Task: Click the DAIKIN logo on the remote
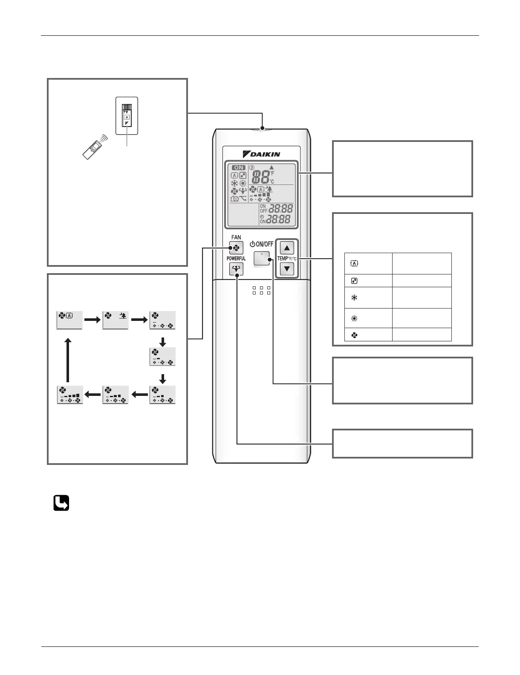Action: click(x=261, y=154)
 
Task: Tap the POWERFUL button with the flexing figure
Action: click(x=236, y=269)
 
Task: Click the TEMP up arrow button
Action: click(x=287, y=248)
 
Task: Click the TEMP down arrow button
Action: click(x=287, y=268)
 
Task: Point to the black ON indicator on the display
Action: click(x=238, y=167)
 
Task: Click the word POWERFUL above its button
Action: click(x=236, y=259)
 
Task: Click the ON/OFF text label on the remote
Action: click(x=262, y=244)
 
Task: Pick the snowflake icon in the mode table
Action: click(x=354, y=298)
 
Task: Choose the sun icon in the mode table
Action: click(x=354, y=318)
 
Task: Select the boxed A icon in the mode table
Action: click(x=354, y=263)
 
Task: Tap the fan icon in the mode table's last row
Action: click(x=354, y=335)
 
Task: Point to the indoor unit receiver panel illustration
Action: click(x=127, y=116)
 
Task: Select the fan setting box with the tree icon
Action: click(x=116, y=320)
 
